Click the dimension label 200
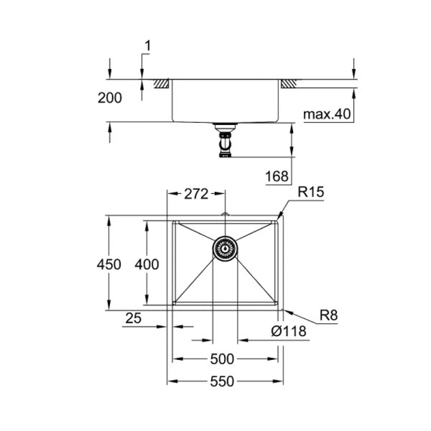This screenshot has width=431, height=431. (109, 98)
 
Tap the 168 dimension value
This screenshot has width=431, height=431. (276, 176)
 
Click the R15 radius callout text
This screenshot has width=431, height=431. (310, 193)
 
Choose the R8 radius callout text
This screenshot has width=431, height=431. (328, 316)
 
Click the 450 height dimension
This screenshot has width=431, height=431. (109, 264)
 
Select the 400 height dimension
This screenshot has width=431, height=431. (147, 264)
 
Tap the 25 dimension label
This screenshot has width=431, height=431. (134, 319)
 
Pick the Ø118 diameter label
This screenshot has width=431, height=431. (289, 331)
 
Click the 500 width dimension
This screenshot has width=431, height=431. (223, 359)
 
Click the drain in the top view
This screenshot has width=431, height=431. (225, 249)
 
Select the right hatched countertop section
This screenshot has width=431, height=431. (288, 84)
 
